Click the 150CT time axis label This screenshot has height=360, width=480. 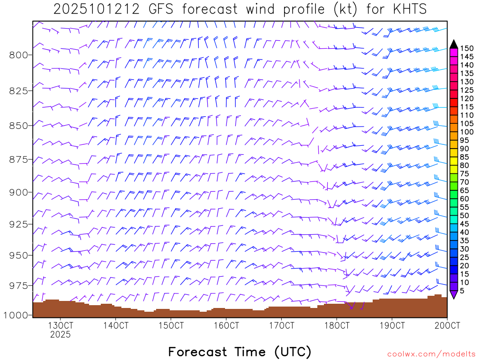(x=171, y=325)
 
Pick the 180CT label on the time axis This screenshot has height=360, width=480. (x=337, y=325)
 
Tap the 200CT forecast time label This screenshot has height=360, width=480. (x=447, y=325)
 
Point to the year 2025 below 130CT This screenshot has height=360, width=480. (x=60, y=335)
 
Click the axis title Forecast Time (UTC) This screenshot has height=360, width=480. (x=240, y=352)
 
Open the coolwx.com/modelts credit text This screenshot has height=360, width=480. (x=431, y=354)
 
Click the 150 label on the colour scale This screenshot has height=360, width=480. (x=466, y=48)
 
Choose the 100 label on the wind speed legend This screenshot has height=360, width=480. (x=466, y=132)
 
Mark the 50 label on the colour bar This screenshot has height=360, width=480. (x=464, y=215)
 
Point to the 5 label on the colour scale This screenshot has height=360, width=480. (x=462, y=291)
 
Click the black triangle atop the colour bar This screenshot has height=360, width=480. (x=453, y=44)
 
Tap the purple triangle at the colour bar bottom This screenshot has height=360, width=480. (x=453, y=294)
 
